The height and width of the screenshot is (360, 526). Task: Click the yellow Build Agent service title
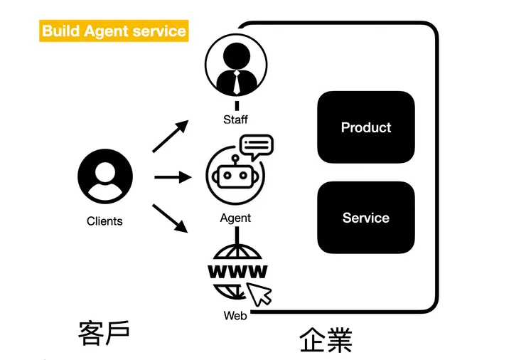[114, 31]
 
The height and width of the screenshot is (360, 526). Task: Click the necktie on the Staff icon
[236, 84]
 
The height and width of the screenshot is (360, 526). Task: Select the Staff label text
[235, 119]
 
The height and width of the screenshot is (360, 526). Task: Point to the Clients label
[104, 221]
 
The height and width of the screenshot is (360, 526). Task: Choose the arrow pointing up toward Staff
[171, 136]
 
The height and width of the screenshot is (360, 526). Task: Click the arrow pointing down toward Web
[171, 218]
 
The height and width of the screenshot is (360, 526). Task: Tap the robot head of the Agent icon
[232, 176]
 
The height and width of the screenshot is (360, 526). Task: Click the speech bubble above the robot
[256, 147]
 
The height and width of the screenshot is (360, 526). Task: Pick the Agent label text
[235, 218]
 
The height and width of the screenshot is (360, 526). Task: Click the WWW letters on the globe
[237, 271]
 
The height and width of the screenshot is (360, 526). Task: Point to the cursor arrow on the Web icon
[260, 292]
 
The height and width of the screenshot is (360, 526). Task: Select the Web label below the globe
[235, 315]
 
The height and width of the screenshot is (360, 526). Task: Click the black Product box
[365, 127]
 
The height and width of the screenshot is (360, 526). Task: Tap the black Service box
[365, 218]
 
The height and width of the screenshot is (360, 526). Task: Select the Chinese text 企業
[326, 339]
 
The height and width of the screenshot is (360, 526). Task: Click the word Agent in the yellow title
[107, 31]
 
